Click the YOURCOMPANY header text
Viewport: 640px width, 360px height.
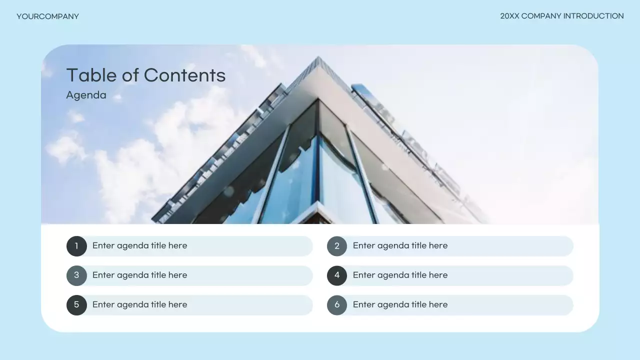[x=47, y=16]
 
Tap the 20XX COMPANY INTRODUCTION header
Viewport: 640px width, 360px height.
[x=561, y=16]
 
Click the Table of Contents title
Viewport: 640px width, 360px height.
[x=145, y=75]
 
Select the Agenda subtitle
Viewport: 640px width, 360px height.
[x=86, y=95]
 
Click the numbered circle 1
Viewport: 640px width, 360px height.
[x=76, y=246]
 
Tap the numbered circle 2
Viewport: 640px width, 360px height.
[x=337, y=246]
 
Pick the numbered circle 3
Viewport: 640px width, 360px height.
[x=76, y=275]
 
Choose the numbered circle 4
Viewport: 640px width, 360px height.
[x=337, y=275]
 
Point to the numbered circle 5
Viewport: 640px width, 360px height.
[x=76, y=305]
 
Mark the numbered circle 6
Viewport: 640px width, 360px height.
[x=337, y=305]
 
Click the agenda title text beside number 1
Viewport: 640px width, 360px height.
[x=139, y=245]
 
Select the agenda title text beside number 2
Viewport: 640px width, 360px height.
[x=400, y=245]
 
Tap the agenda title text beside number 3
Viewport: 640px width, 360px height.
[x=139, y=275]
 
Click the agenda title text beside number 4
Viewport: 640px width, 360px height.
[x=400, y=275]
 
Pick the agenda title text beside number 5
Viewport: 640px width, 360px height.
[x=139, y=304]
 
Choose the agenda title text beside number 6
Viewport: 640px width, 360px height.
[x=400, y=304]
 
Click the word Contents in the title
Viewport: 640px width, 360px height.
[x=184, y=75]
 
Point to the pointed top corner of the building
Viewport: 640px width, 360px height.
[x=317, y=59]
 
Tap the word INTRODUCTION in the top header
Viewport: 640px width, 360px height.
[x=593, y=16]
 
